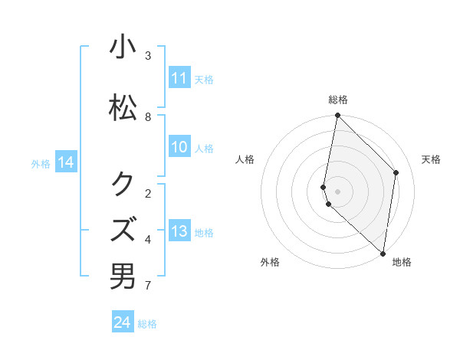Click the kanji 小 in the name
click(x=123, y=47)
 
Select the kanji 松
click(x=123, y=108)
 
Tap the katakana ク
click(x=123, y=183)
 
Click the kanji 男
click(x=123, y=276)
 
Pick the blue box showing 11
click(x=179, y=78)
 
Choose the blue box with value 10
click(x=179, y=147)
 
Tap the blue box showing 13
click(x=179, y=231)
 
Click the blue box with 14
click(x=66, y=162)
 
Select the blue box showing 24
click(x=123, y=322)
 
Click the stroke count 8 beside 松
click(x=148, y=117)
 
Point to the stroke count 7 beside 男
click(x=148, y=286)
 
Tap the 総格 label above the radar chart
click(x=338, y=100)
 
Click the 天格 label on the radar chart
click(x=431, y=159)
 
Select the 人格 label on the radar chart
click(x=245, y=159)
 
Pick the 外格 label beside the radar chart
click(x=270, y=262)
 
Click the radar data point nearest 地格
click(x=383, y=253)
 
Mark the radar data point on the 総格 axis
click(x=338, y=116)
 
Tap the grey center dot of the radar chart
click(x=338, y=191)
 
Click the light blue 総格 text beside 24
click(x=147, y=324)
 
